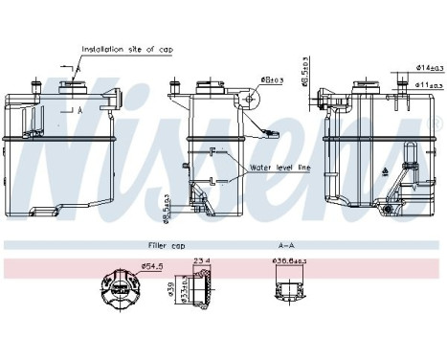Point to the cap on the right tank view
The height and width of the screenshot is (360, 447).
click(367, 88)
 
